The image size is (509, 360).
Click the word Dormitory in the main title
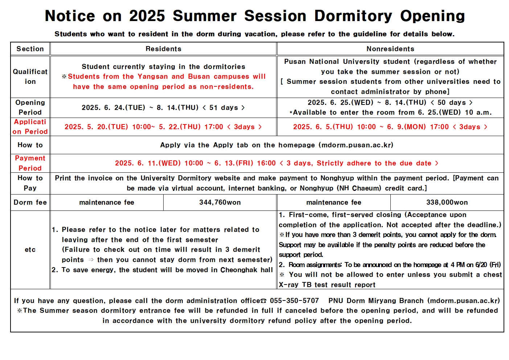coord(353,16)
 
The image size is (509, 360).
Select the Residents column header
coord(163,49)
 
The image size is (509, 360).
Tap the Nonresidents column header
coord(390,49)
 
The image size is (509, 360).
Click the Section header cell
coord(30,49)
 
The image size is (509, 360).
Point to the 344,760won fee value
coord(220,202)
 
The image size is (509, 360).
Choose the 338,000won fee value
coord(447,202)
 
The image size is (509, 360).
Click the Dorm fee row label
coord(30,202)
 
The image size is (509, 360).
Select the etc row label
coord(30,250)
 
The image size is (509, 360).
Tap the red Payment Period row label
coord(30,163)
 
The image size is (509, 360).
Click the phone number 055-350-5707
coord(294,301)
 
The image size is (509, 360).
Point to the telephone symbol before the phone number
coord(264,301)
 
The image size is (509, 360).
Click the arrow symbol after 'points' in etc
coord(91,260)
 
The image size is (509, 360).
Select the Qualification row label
coord(30,77)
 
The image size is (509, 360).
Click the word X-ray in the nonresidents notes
coord(288,285)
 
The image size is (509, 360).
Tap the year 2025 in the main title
coord(147,16)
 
